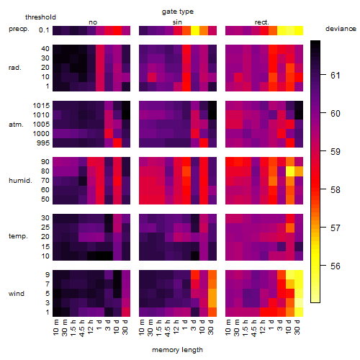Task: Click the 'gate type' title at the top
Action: pyautogui.click(x=178, y=12)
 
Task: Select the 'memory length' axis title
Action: pyautogui.click(x=177, y=350)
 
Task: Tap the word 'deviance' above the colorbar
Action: pyautogui.click(x=341, y=29)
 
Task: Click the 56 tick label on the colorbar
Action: pyautogui.click(x=336, y=266)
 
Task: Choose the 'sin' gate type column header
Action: pyautogui.click(x=177, y=22)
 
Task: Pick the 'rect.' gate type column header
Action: pyautogui.click(x=261, y=22)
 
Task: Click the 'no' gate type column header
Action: pyautogui.click(x=93, y=22)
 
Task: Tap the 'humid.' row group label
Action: pyautogui.click(x=20, y=181)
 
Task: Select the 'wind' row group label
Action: pyautogui.click(x=17, y=294)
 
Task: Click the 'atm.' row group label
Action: pyautogui.click(x=16, y=125)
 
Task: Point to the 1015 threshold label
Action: pyautogui.click(x=41, y=106)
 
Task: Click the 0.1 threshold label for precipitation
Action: pyautogui.click(x=44, y=30)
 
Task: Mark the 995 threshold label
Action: pyautogui.click(x=43, y=143)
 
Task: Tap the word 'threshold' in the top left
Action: pyautogui.click(x=40, y=17)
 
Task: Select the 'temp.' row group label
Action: pyautogui.click(x=18, y=236)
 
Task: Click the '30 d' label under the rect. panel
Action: pyautogui.click(x=297, y=327)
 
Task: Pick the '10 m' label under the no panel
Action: pyautogui.click(x=55, y=327)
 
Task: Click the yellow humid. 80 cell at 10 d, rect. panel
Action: pyautogui.click(x=290, y=171)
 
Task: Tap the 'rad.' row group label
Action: pyautogui.click(x=15, y=68)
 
